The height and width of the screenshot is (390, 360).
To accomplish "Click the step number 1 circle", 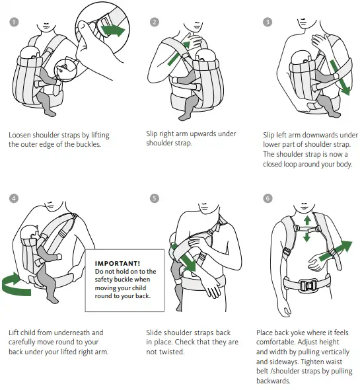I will click(x=13, y=22).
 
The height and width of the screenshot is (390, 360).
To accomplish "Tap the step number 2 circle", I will click(x=155, y=22).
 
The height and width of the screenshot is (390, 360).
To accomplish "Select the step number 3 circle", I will click(x=268, y=22).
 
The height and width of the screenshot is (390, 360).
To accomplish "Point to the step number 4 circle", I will click(x=13, y=198).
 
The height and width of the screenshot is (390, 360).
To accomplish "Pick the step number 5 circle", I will click(x=155, y=198).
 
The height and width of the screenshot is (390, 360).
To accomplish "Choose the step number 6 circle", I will click(x=268, y=198).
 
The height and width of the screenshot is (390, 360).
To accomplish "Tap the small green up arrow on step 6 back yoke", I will click(x=306, y=218).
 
